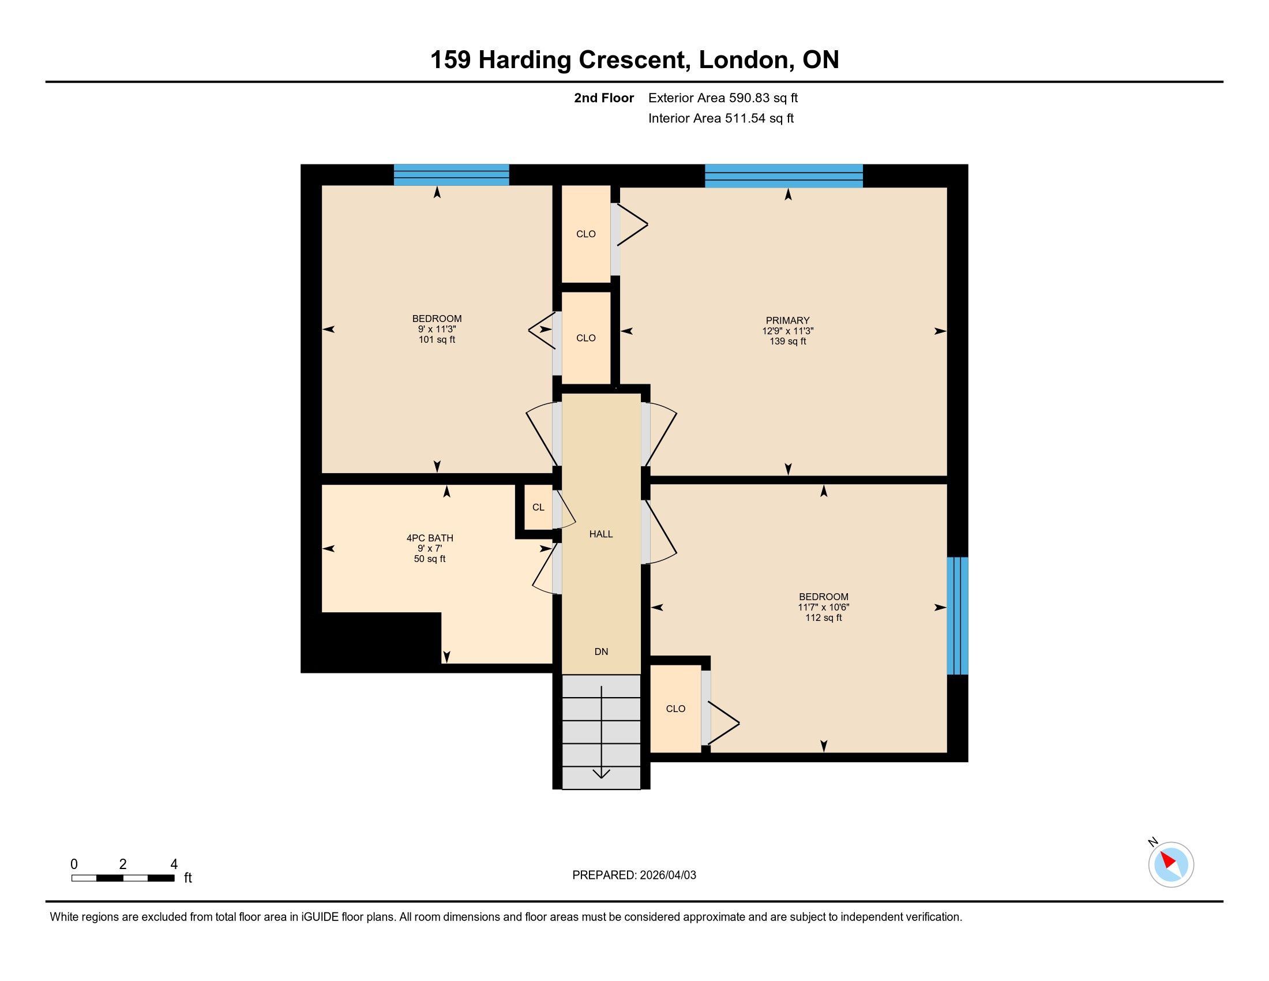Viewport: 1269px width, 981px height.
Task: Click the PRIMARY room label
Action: coord(787,320)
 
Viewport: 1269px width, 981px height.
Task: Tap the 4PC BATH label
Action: coord(430,538)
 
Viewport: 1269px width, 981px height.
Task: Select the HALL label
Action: coord(601,534)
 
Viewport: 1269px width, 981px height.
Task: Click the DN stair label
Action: coord(602,651)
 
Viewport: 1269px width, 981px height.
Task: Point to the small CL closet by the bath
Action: coord(539,507)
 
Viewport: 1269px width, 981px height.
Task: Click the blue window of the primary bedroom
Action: coord(784,175)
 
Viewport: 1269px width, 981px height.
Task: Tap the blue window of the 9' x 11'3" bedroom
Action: coord(452,175)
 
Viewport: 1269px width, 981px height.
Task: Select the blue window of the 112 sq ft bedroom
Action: coord(958,616)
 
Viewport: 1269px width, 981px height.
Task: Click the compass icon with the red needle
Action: coord(1171,864)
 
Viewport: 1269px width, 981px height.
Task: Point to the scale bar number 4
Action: coord(174,864)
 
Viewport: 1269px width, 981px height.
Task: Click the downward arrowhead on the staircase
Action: coord(602,773)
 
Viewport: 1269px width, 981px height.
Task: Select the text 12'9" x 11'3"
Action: coord(787,331)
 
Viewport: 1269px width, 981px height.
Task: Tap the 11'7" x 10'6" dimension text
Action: coord(823,607)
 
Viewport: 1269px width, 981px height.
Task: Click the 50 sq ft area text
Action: coord(430,559)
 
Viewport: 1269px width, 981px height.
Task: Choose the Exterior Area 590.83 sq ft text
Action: coord(723,98)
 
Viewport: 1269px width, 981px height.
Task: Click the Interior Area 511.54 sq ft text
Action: coord(721,118)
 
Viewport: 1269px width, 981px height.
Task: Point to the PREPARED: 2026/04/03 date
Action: coord(634,875)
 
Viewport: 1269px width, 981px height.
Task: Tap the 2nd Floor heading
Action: coord(604,98)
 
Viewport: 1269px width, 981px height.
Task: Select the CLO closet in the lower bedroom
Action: coord(676,709)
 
